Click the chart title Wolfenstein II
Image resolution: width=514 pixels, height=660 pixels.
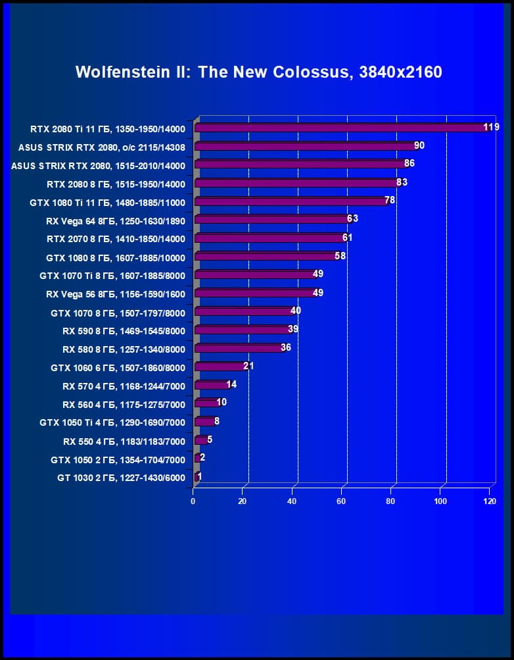pos(258,72)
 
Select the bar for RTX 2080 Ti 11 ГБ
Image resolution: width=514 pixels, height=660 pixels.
pos(342,128)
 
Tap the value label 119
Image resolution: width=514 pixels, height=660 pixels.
pos(491,127)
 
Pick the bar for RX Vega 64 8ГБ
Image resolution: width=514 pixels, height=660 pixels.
pos(272,219)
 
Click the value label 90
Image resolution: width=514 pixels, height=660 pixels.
pos(419,145)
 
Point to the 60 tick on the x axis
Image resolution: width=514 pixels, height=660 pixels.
pos(342,501)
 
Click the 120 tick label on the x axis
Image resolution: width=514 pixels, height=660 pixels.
pos(490,501)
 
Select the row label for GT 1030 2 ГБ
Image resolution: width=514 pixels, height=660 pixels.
pos(121,478)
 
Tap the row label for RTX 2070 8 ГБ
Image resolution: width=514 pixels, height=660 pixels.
pos(116,239)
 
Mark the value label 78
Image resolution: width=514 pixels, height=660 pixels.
pos(390,200)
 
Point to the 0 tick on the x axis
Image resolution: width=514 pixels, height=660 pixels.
pos(193,501)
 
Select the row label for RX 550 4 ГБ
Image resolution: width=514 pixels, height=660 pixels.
pos(124,441)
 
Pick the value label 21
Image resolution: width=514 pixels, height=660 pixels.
pos(248,366)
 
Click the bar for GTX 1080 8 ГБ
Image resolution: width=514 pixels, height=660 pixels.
pos(266,256)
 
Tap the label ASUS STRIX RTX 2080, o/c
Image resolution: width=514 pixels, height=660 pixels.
pos(102,147)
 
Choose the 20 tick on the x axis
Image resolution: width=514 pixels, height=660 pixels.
pos(243,501)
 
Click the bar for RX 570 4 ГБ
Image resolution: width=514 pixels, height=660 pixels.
pos(211,385)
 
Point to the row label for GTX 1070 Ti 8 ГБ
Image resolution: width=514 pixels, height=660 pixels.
pos(112,276)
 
